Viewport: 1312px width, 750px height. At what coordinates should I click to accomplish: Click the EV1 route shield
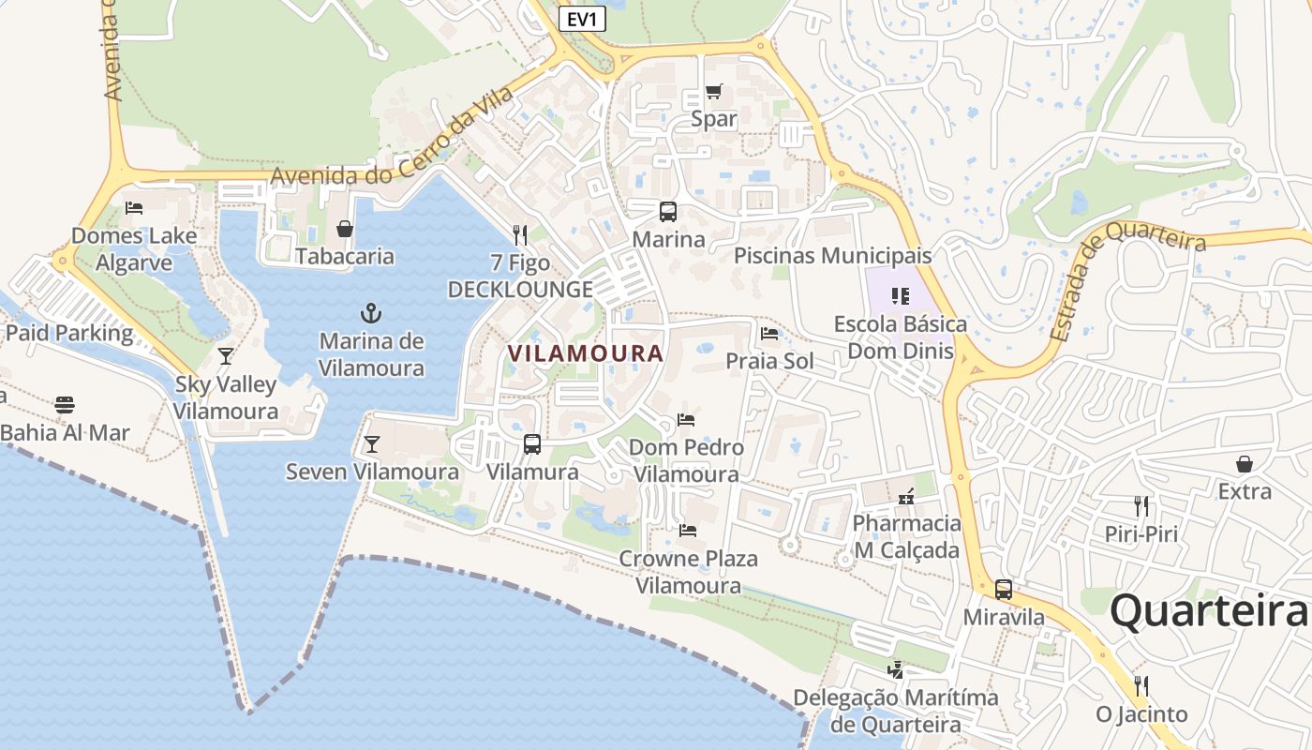click(x=582, y=19)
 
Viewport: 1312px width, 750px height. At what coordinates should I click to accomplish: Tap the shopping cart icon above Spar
click(x=714, y=91)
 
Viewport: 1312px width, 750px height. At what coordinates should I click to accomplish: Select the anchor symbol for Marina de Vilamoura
click(x=371, y=312)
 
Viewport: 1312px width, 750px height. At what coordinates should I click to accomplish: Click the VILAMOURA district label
click(x=586, y=353)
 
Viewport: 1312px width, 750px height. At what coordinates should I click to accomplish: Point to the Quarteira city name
click(x=1208, y=611)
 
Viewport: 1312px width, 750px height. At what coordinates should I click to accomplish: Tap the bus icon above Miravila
click(x=1004, y=590)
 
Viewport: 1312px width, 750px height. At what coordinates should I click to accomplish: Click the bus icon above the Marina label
click(x=668, y=212)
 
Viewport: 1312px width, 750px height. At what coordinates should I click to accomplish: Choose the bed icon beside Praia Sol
click(x=769, y=333)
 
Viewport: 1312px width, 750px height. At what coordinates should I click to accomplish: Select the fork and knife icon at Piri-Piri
click(x=1141, y=506)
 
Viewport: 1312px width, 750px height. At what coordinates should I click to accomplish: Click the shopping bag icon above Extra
click(x=1245, y=464)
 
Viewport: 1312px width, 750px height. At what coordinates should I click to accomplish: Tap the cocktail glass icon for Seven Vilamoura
click(x=372, y=444)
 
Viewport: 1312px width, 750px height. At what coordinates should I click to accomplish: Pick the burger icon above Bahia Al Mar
click(x=65, y=405)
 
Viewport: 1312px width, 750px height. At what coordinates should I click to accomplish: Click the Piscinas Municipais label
click(x=832, y=255)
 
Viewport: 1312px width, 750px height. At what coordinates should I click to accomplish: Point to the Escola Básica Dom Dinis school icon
click(x=901, y=296)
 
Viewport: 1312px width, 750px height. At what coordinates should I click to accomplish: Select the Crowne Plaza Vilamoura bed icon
click(x=688, y=531)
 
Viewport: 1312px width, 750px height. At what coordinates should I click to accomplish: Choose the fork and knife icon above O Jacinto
click(x=1141, y=686)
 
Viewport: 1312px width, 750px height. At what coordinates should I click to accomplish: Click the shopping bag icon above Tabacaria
click(x=345, y=229)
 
